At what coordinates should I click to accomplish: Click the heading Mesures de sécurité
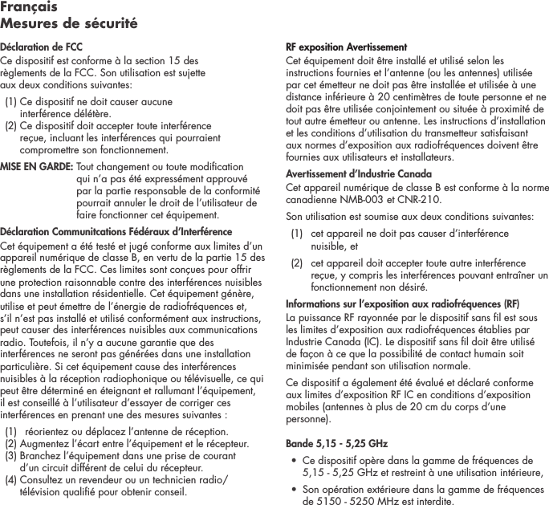coord(69,23)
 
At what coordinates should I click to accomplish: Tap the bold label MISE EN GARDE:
coord(36,167)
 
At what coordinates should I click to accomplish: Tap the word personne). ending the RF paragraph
coord(306,419)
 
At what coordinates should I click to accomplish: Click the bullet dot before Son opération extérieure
coord(294,488)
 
